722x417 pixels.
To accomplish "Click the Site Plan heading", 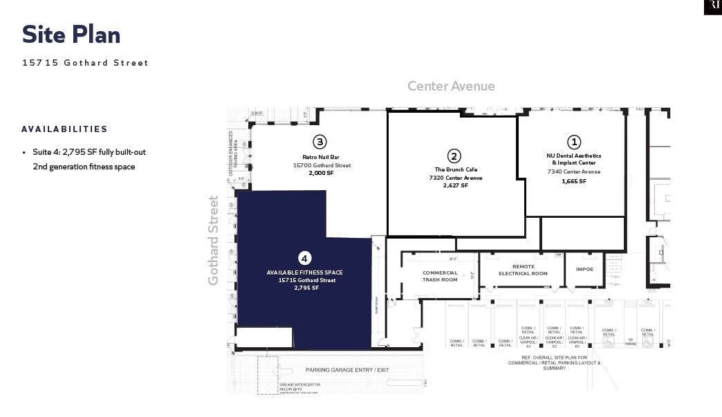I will point(71,35).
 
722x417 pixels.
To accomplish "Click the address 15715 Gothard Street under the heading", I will point(85,63).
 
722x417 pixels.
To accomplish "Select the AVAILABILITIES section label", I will point(64,129).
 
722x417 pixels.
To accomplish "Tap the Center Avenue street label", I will point(451,86).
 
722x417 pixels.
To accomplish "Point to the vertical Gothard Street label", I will point(214,241).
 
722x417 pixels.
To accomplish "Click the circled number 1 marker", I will point(574,142).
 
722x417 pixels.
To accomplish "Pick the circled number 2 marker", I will point(454,156).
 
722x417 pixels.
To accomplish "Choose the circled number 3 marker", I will point(319,142).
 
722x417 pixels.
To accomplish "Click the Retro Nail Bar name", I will point(319,157).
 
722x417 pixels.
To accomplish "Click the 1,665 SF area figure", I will point(574,181).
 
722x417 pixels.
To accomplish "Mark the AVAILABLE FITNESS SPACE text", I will point(305,272).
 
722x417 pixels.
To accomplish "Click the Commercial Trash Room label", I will point(440,276).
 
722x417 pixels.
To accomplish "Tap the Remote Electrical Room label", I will point(524,270).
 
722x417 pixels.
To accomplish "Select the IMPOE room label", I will point(584,270).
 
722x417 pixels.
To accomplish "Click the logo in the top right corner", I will point(712,7).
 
